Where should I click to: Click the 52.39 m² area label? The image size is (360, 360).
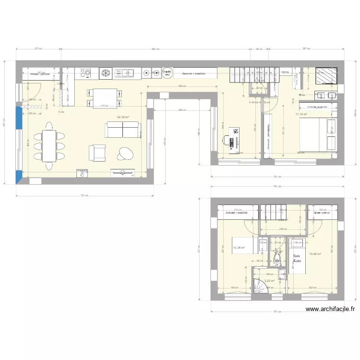(x=123, y=117)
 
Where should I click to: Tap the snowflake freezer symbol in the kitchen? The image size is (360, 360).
(x=105, y=73)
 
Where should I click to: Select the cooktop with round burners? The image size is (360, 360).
(x=85, y=73)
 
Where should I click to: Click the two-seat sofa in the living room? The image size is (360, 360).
(x=123, y=130)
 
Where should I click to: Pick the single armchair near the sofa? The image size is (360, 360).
(x=97, y=153)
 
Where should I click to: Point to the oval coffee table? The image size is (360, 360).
(x=127, y=153)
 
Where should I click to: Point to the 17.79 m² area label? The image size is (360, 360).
(x=301, y=114)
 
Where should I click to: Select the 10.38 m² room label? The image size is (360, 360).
(x=239, y=248)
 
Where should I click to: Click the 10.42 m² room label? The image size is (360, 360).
(x=315, y=254)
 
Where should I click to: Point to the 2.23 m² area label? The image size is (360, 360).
(x=269, y=281)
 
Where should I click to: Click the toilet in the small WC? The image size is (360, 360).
(x=277, y=260)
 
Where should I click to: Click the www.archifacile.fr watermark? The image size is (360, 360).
(x=330, y=310)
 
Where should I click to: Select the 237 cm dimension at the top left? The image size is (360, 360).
(x=38, y=48)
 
